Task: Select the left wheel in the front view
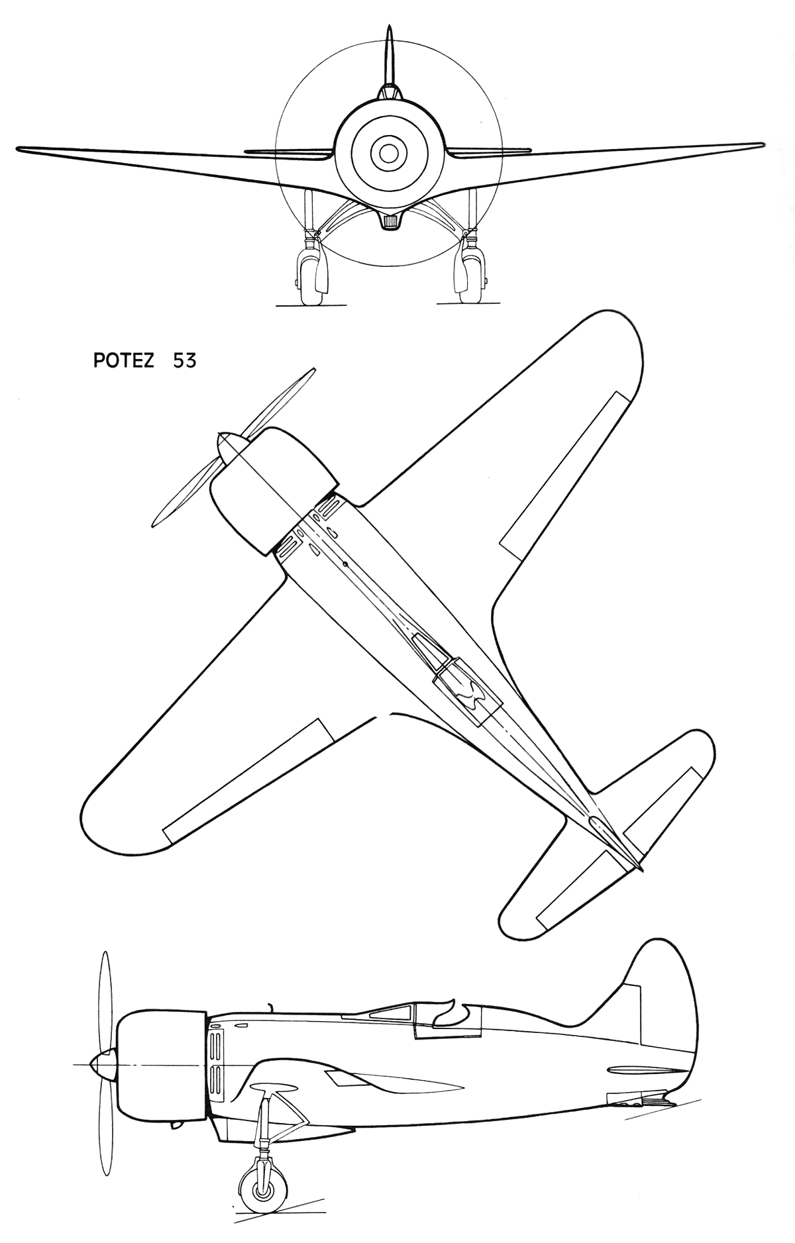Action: [309, 277]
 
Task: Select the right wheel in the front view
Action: [468, 277]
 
